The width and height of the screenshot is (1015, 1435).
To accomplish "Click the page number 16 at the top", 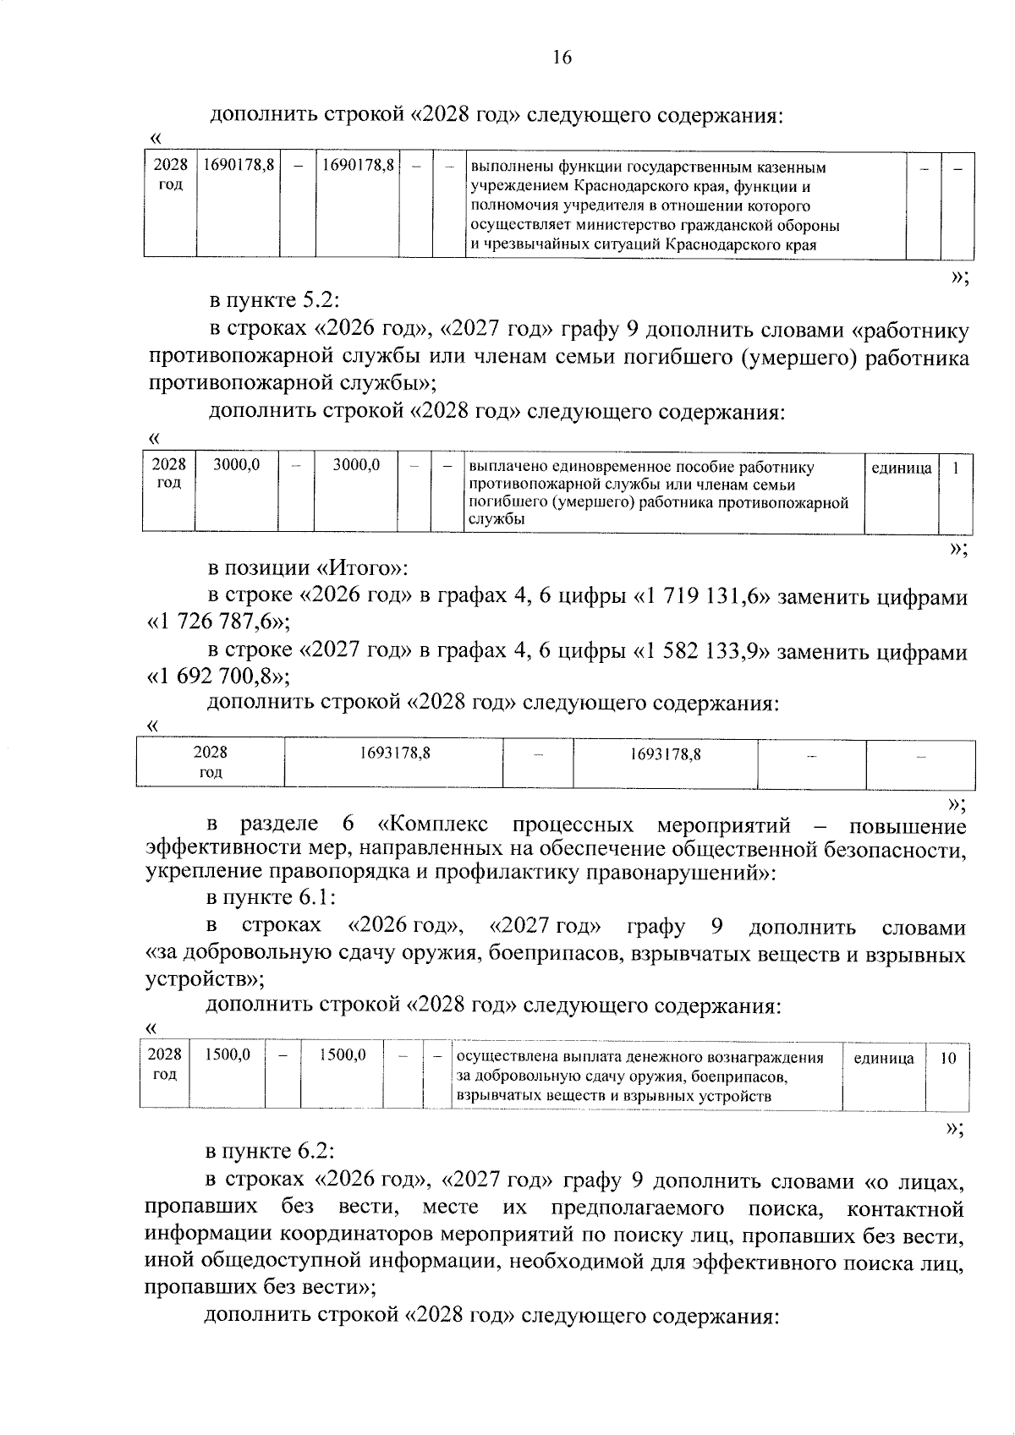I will tap(562, 58).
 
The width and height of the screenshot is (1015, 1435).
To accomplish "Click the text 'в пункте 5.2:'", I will tap(277, 301).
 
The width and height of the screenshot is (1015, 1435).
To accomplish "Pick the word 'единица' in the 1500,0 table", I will tap(884, 1058).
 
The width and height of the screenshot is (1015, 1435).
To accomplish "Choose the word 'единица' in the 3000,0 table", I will tap(900, 468).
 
